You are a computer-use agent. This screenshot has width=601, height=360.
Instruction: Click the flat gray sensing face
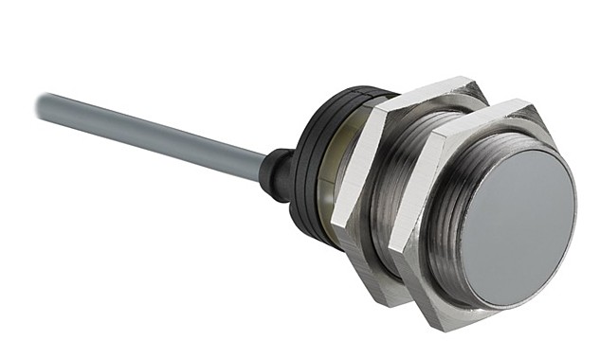[x=523, y=227]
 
